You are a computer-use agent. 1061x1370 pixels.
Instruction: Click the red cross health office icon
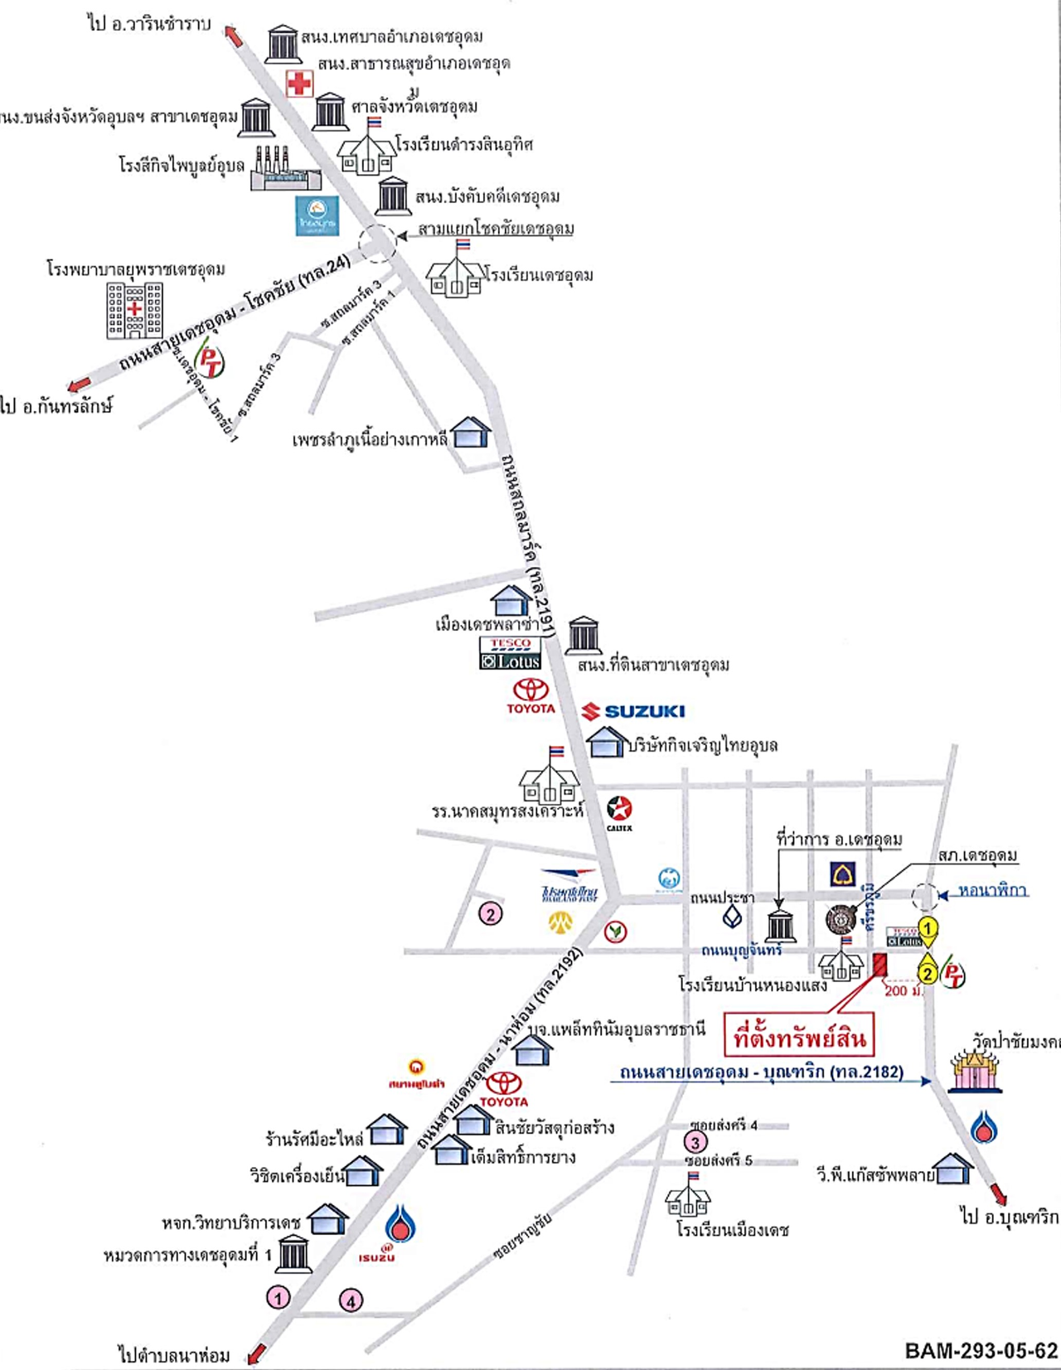click(299, 83)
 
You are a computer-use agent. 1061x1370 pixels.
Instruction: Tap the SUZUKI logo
click(633, 711)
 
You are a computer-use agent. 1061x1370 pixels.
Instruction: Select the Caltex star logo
click(619, 809)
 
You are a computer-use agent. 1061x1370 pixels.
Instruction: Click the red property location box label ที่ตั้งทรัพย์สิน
click(799, 1037)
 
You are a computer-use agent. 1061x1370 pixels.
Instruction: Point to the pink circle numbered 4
click(351, 1300)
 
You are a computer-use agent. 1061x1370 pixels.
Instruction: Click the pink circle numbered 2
click(491, 913)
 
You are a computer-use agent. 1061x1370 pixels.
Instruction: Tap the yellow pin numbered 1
click(928, 929)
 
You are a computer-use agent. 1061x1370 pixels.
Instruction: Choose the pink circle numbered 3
click(695, 1143)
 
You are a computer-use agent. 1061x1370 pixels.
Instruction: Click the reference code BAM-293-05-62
click(981, 1351)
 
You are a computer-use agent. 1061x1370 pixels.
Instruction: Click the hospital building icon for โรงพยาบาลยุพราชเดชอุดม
click(134, 311)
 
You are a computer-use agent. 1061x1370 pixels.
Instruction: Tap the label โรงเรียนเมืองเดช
click(732, 1230)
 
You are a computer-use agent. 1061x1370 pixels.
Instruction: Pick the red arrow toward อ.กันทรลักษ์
click(80, 385)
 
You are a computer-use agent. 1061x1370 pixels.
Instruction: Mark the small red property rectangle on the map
click(879, 965)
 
